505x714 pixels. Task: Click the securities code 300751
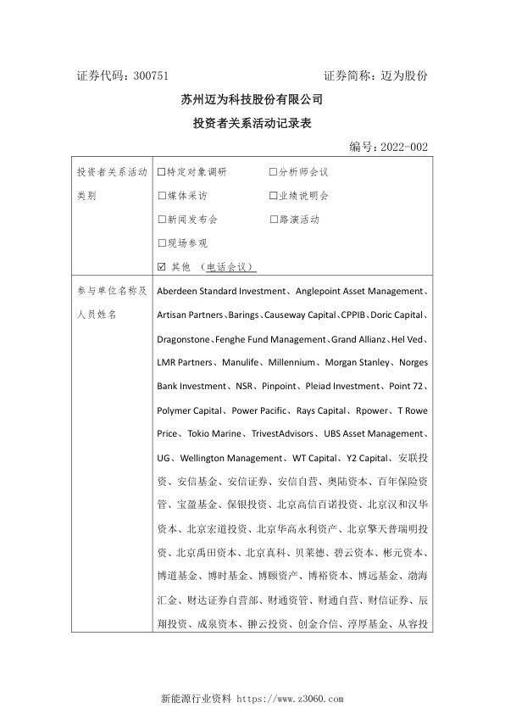(x=157, y=76)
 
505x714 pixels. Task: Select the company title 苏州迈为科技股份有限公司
(x=252, y=100)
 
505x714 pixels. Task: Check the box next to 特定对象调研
(x=162, y=172)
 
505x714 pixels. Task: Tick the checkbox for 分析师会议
(x=273, y=172)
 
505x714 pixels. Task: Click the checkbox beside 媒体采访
(x=162, y=196)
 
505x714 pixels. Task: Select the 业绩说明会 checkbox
(x=273, y=196)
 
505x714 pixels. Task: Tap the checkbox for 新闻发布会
(x=162, y=220)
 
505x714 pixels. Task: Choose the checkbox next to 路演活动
(x=273, y=220)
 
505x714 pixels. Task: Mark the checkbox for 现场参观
(x=162, y=243)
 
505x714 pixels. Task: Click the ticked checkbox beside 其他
(x=162, y=267)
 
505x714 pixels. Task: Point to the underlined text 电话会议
(x=230, y=267)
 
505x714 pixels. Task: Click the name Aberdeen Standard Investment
(x=220, y=292)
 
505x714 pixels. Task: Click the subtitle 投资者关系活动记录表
(x=252, y=124)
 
